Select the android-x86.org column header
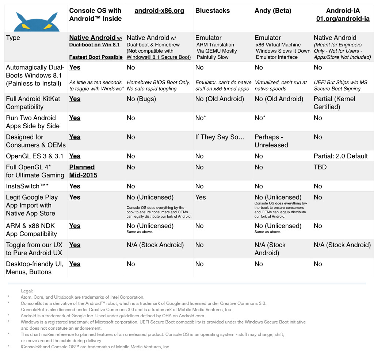159,11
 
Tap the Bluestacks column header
213,11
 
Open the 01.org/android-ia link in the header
343,19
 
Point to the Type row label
13,38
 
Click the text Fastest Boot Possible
96,57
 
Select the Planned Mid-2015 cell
83,171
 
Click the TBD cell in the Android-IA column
320,167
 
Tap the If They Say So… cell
220,137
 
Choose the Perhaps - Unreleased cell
271,141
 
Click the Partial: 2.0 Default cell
340,156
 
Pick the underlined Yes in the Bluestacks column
201,197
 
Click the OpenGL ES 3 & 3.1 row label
35,156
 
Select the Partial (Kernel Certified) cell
334,103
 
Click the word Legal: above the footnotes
27,291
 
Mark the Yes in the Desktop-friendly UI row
75,264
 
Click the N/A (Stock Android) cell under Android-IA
342,245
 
